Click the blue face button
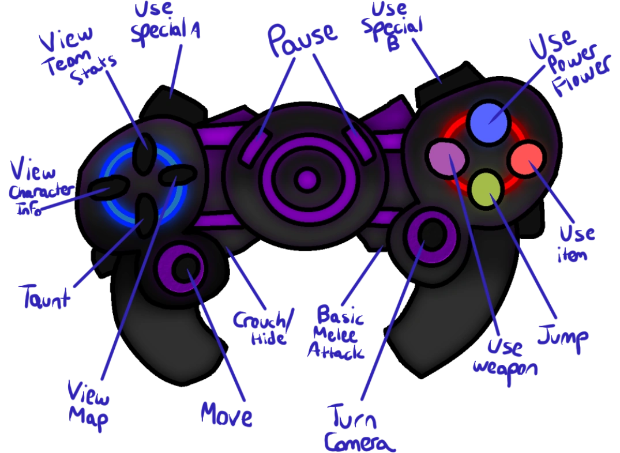tap(488, 120)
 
